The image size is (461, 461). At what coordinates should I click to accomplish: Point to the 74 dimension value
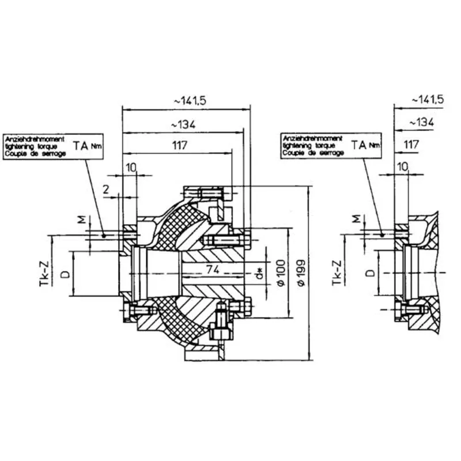click(x=213, y=269)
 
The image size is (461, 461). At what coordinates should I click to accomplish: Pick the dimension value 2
click(x=106, y=189)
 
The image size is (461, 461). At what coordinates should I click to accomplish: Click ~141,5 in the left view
click(x=187, y=100)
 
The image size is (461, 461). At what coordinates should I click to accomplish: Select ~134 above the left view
click(x=184, y=124)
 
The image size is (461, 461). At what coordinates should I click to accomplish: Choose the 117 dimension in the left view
click(x=179, y=145)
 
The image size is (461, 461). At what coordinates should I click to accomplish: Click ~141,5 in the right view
click(x=428, y=100)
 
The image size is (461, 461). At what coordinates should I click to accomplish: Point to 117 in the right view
click(x=410, y=145)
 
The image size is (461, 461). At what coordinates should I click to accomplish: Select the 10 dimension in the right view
click(x=402, y=167)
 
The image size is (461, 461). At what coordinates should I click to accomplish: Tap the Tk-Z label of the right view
click(x=338, y=272)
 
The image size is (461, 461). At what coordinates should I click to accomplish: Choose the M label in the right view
click(x=355, y=219)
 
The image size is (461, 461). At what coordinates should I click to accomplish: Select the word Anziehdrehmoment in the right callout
click(x=311, y=139)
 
